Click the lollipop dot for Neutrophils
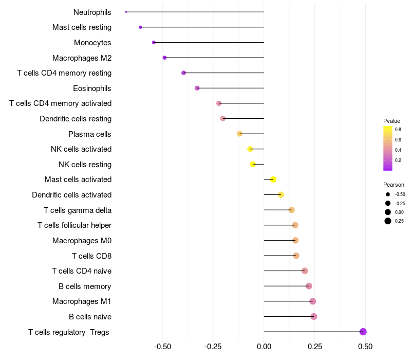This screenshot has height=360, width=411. coord(126,12)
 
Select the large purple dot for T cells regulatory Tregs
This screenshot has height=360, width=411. coord(363,332)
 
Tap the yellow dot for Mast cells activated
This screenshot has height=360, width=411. coord(273,179)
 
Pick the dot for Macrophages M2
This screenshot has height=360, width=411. coord(164,58)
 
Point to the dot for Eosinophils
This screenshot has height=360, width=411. coord(197,88)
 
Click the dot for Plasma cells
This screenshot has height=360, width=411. coord(239,134)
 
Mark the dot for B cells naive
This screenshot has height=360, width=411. coord(314,316)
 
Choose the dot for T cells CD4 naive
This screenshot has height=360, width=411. coord(305,271)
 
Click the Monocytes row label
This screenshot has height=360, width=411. coord(92,43)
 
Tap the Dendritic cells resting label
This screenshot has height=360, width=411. coord(76,119)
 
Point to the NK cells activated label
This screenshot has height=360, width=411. coord(81,149)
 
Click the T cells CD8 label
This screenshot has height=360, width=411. coord(91,256)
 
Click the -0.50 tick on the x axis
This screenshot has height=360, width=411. coord(162,347)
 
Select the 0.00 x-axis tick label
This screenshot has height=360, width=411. coord(264,347)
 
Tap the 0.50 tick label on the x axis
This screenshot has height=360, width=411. coord(365,347)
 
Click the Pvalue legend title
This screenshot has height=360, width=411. coord(391,121)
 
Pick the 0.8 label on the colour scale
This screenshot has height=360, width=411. coord(398,130)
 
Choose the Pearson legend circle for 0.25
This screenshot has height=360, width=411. coord(387,221)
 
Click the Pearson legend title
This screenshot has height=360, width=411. coord(394,185)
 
